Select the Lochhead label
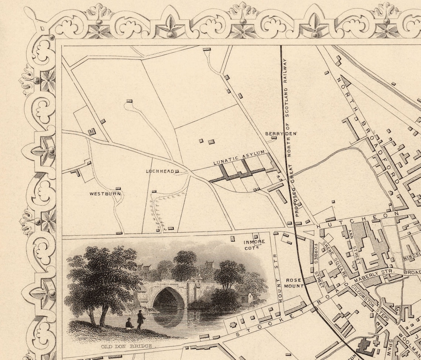[160, 171]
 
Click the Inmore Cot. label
[254, 245]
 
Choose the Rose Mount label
[295, 283]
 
